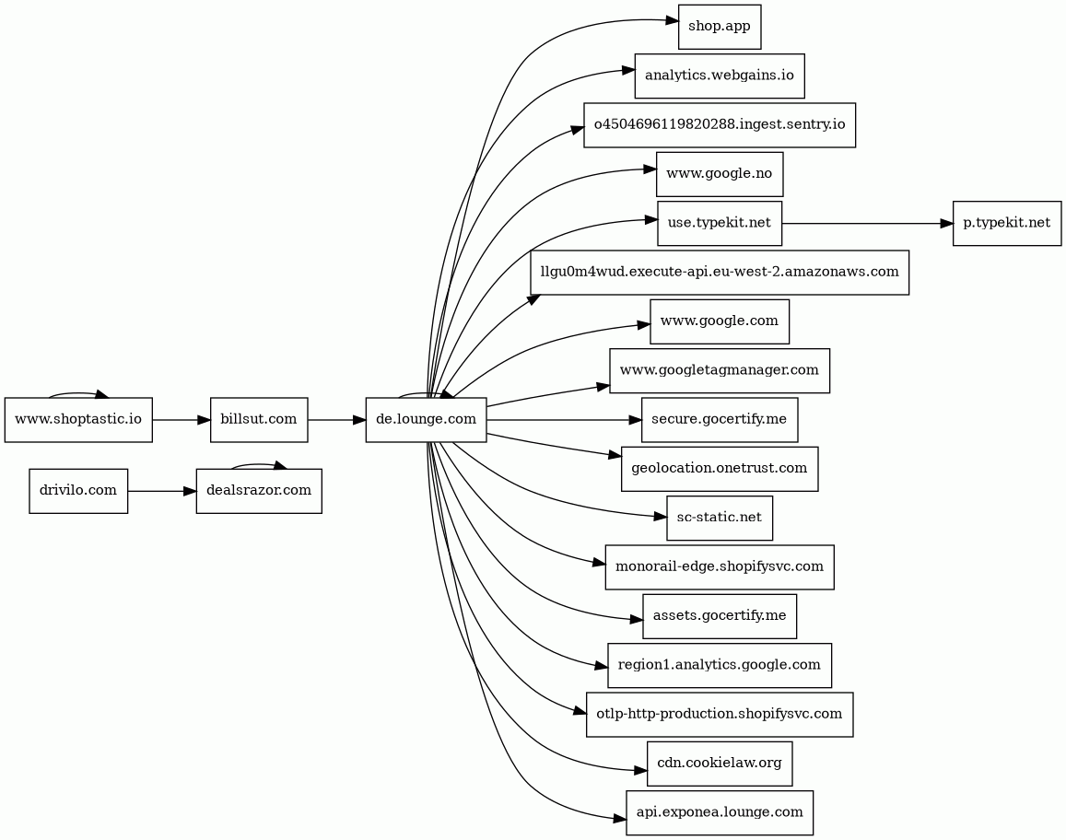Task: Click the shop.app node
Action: click(720, 28)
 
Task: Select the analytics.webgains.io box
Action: click(720, 76)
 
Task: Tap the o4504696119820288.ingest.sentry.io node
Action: click(720, 125)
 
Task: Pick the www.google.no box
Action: click(720, 174)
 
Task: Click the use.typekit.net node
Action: click(720, 223)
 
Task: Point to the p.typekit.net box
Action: click(1007, 223)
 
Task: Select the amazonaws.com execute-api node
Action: click(720, 273)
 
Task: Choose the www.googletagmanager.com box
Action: click(720, 370)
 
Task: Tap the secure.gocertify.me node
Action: click(720, 419)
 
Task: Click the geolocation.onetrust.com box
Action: click(720, 469)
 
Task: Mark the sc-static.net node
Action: click(720, 518)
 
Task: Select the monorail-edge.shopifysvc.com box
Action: click(720, 566)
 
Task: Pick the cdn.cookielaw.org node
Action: click(720, 764)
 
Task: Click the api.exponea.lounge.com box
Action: click(720, 812)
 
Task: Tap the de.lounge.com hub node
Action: click(427, 419)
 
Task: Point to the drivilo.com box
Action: click(78, 491)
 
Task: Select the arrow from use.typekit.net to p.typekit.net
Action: click(868, 223)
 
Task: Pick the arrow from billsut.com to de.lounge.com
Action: click(336, 420)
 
